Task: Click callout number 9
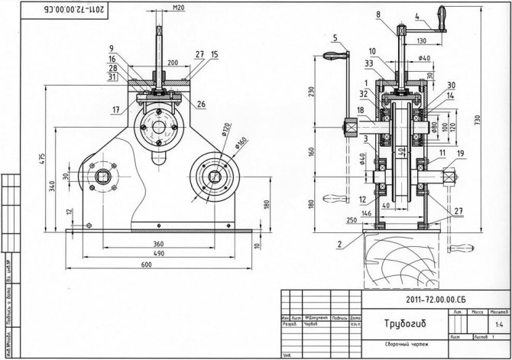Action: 112,48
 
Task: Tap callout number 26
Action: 201,103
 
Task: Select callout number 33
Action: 369,63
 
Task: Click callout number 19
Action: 460,154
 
